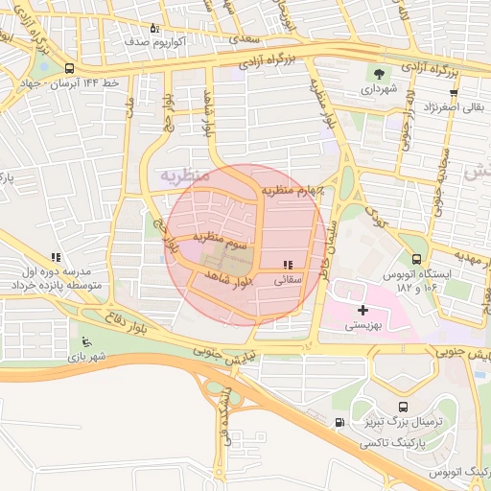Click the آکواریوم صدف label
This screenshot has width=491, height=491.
(147, 43)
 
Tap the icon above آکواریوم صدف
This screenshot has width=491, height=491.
(154, 29)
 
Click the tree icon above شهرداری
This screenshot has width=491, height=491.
(381, 74)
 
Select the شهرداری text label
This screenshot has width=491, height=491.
(381, 89)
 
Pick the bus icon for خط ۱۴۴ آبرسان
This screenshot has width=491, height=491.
(69, 69)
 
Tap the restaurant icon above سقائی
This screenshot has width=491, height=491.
(288, 265)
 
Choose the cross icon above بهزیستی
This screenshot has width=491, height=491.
(362, 310)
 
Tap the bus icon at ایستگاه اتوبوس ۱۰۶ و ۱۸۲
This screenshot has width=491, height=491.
(415, 258)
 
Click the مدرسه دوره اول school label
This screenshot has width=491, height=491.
(56, 273)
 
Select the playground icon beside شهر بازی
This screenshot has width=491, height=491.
(87, 341)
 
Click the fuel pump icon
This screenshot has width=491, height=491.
(338, 423)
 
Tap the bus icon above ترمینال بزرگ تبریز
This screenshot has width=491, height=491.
(400, 406)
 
